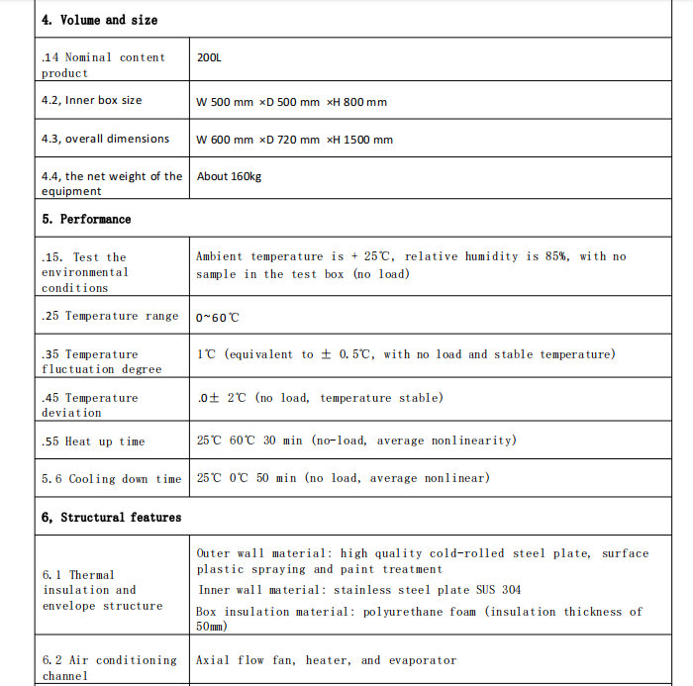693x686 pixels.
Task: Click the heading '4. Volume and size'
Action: coord(99,20)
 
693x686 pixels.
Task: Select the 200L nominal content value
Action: coord(209,57)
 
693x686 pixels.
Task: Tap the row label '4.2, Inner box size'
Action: coord(91,100)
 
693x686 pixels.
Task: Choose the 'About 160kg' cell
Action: coord(229,176)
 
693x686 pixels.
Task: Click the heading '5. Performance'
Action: coord(86,219)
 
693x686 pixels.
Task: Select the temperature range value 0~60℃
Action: coord(218,318)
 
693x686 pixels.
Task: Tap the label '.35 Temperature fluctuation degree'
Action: coord(101,361)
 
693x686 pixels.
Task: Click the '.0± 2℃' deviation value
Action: coord(221,398)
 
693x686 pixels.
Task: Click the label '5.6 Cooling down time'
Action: coord(111,479)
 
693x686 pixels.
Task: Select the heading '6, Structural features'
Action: coord(111,517)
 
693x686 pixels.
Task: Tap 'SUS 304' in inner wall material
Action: coord(497,590)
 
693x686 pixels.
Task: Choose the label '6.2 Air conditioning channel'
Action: coord(109,667)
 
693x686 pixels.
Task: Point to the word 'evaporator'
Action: coord(423,660)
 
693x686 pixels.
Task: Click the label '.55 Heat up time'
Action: coord(93,441)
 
